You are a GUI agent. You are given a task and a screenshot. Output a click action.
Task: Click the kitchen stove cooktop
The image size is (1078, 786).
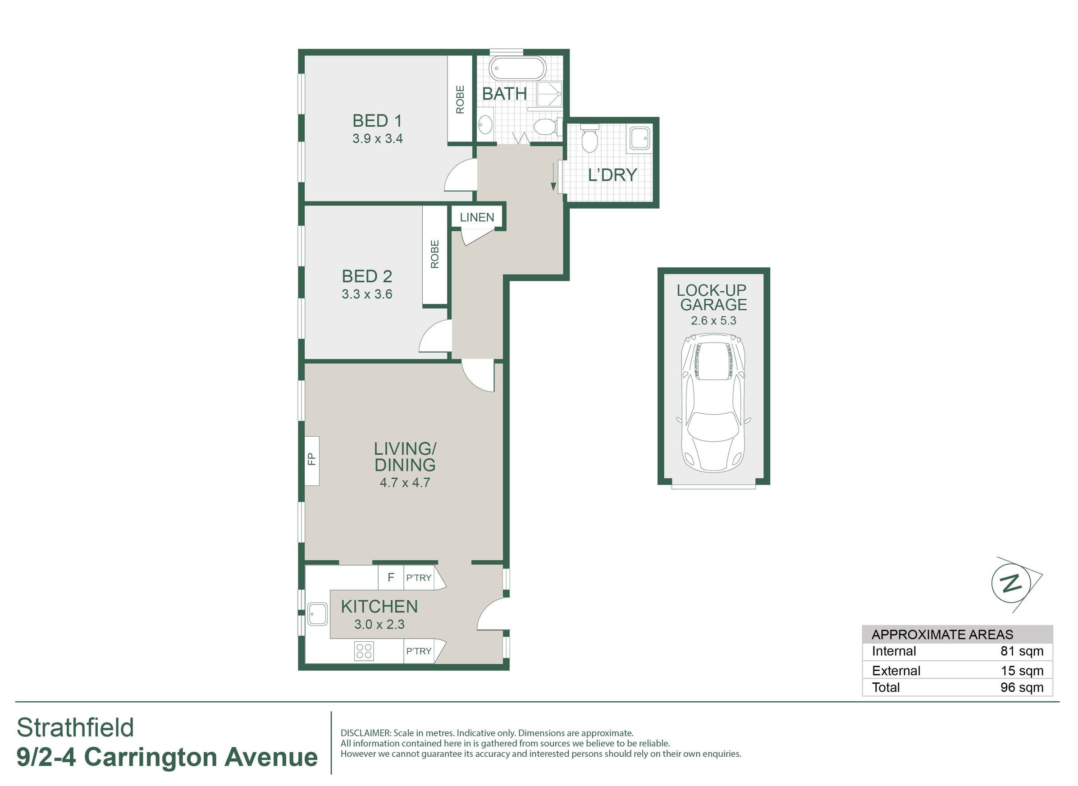[x=364, y=651]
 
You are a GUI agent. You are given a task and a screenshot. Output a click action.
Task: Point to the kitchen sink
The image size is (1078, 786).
[x=317, y=614]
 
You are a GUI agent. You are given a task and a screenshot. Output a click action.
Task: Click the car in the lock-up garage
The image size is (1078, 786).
[x=713, y=402]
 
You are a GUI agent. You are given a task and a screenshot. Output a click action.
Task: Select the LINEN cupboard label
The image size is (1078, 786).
[x=477, y=217]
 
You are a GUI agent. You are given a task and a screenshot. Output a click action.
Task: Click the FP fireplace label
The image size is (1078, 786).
[x=311, y=459]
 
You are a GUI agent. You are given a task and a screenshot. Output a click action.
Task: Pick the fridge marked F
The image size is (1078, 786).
[x=391, y=578]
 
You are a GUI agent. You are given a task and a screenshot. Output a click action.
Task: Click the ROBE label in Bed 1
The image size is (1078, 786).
[x=460, y=100]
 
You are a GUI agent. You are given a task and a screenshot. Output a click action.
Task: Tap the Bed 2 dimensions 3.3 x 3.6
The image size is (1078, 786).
[x=367, y=294]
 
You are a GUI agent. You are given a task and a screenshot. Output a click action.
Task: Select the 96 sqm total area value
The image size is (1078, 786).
[x=1022, y=687]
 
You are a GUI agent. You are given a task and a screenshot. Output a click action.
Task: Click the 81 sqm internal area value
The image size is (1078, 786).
[x=1022, y=651]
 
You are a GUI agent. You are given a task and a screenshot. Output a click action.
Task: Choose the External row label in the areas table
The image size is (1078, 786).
[x=896, y=671]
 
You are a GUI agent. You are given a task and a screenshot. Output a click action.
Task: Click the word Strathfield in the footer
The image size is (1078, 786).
[x=75, y=727]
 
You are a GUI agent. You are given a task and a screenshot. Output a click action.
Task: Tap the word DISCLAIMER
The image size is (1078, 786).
[x=365, y=733]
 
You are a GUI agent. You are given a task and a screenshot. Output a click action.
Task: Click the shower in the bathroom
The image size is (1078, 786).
[x=549, y=94]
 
